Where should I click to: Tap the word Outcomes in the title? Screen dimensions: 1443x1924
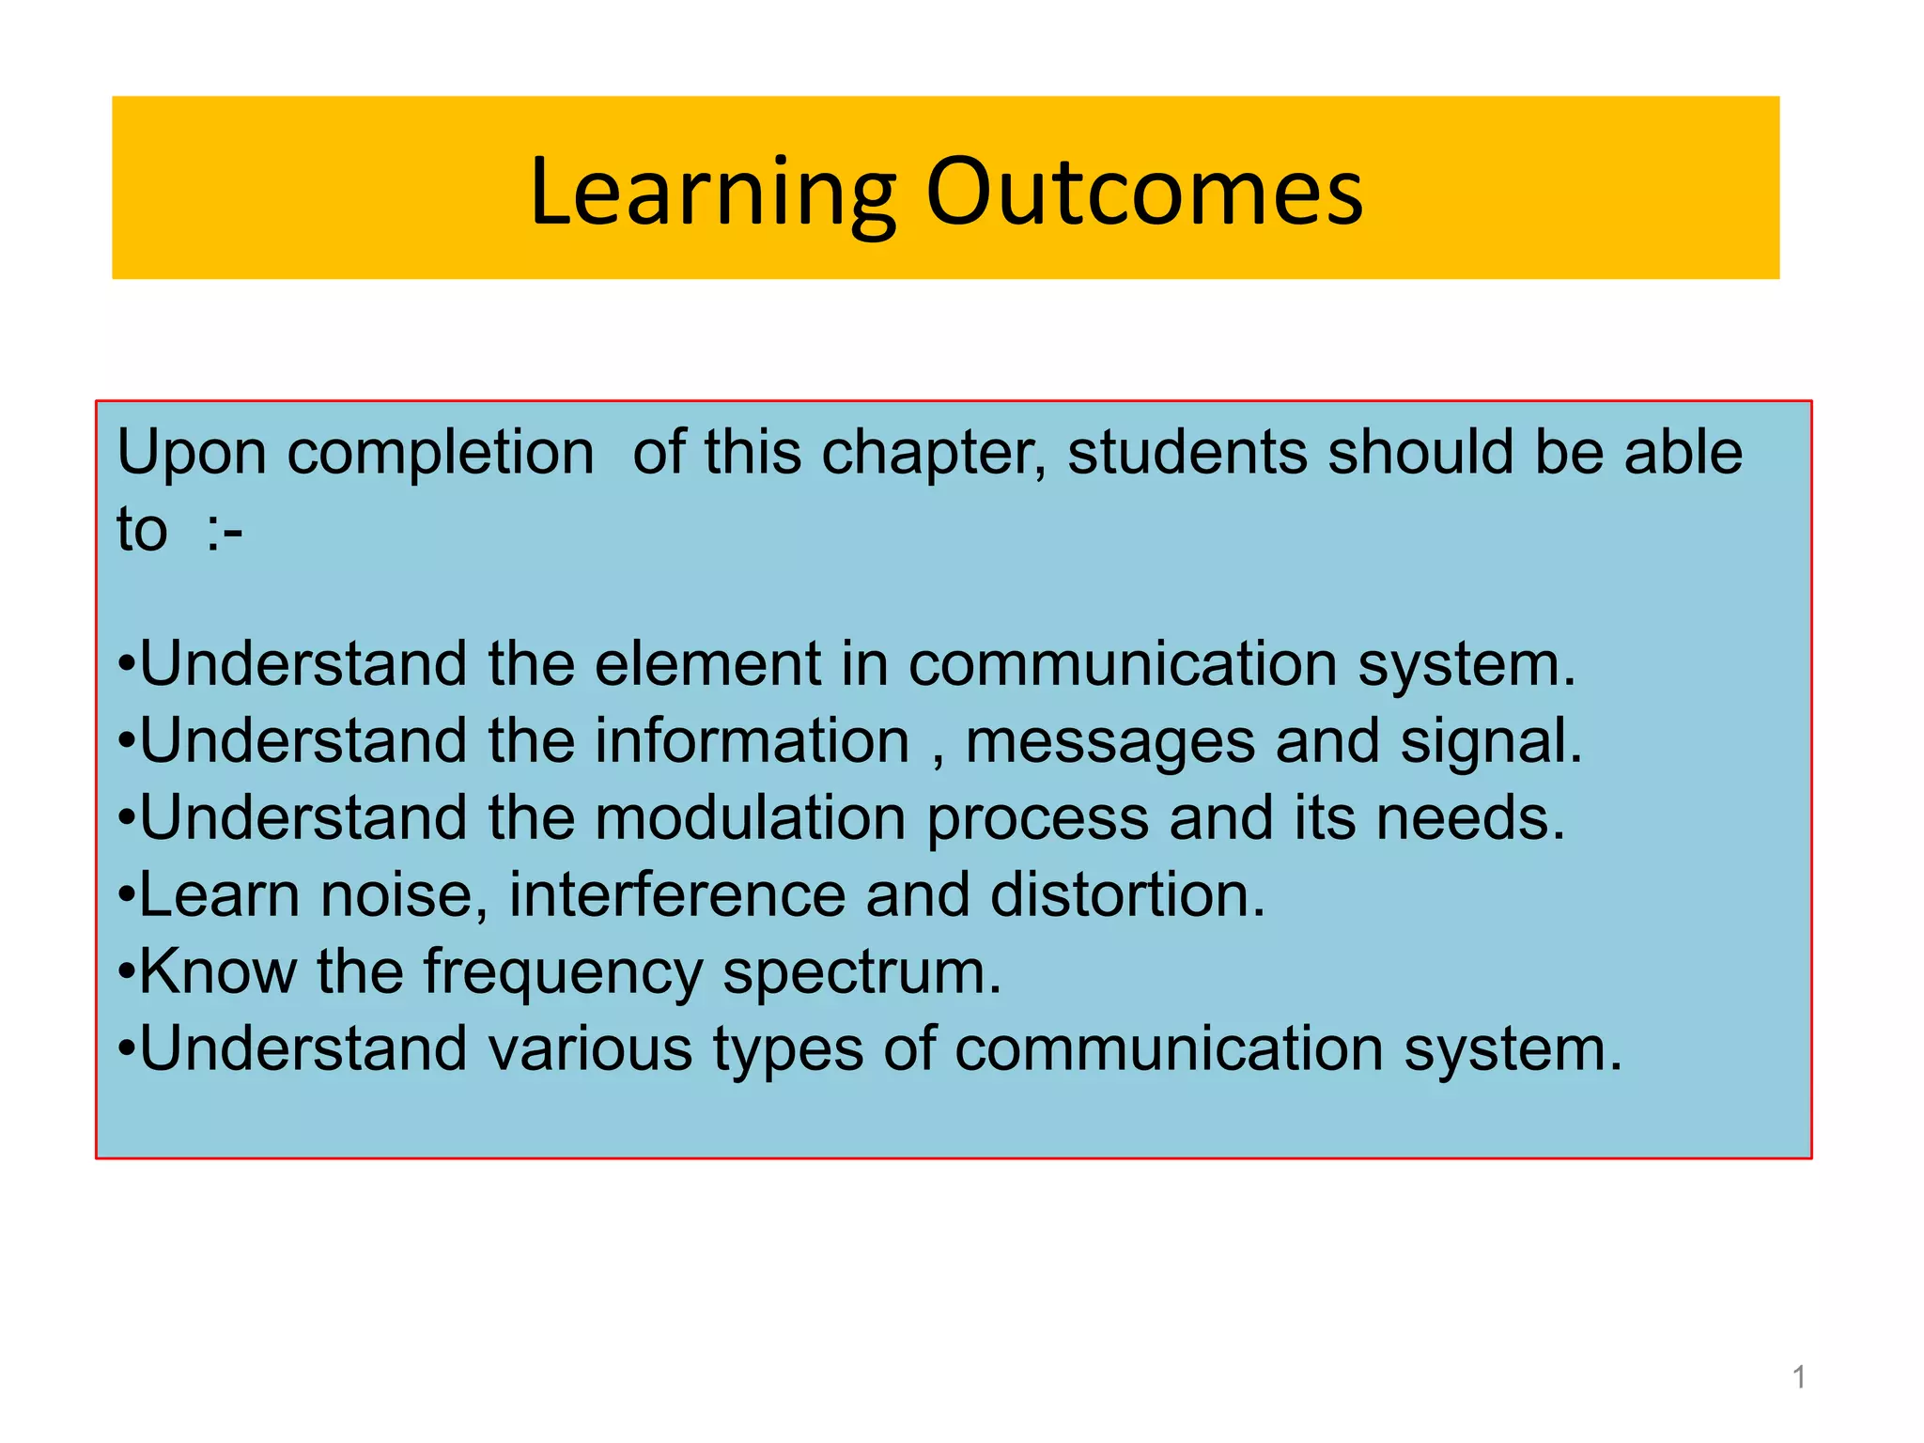tap(1143, 193)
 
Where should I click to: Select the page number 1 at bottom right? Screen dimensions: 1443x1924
tap(1798, 1377)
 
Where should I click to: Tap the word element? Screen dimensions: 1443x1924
tap(707, 664)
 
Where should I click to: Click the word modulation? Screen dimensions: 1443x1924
tap(750, 818)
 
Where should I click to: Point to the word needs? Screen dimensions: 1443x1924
tap(1469, 818)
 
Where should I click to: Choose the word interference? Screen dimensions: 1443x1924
tap(676, 895)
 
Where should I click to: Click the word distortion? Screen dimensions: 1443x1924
tap(1126, 895)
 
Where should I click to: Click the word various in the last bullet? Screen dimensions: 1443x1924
tap(590, 1049)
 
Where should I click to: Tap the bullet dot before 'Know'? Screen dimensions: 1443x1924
tap(127, 973)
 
